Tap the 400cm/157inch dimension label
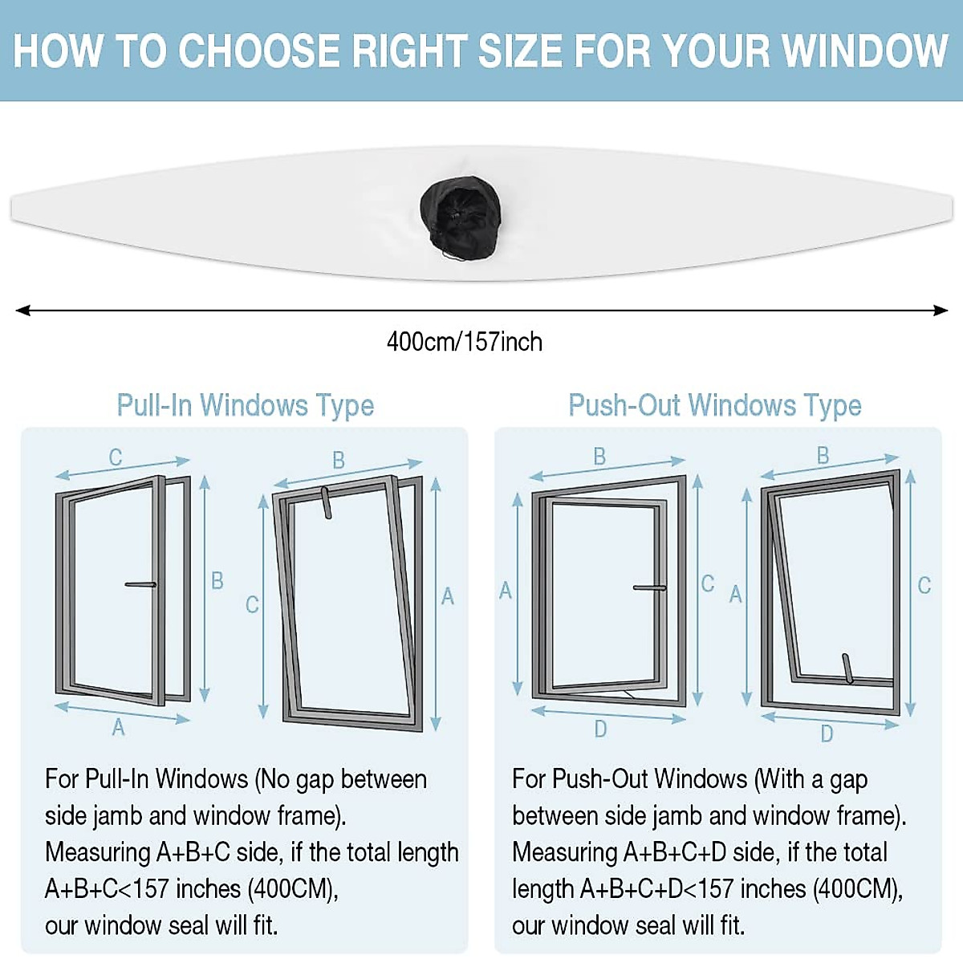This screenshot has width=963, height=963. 464,342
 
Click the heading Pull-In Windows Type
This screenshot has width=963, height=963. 246,405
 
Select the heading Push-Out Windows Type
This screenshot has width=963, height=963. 714,405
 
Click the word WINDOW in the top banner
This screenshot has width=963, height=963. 865,51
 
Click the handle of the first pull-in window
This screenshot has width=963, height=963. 140,584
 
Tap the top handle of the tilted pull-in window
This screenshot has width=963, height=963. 326,502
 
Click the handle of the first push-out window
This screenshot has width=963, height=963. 649,588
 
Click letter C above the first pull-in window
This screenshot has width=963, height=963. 116,457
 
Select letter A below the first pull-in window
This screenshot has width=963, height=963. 118,727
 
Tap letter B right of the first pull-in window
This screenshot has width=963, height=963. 217,580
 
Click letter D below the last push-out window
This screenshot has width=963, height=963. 827,733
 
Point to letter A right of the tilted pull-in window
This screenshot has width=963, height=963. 448,596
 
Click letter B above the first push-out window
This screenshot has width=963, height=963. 599,457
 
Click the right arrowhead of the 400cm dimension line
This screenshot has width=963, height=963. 941,311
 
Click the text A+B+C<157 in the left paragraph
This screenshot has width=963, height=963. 108,889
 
